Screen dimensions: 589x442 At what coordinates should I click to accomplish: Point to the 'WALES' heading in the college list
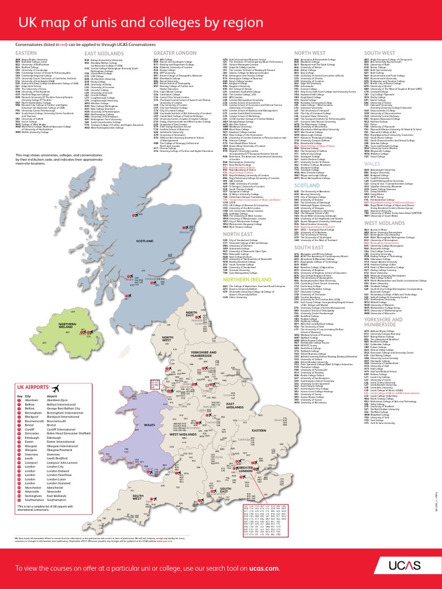pos(372,163)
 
